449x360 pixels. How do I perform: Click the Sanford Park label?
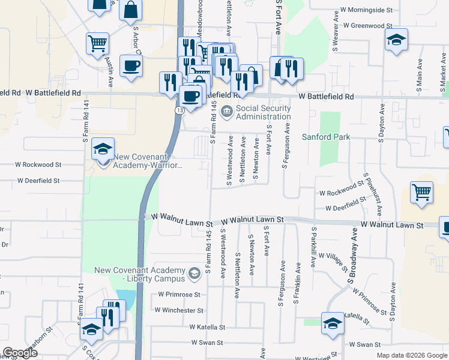click(x=326, y=137)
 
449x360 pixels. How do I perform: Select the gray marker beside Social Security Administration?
click(x=227, y=110)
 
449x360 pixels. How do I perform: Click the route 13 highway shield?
click(x=180, y=111)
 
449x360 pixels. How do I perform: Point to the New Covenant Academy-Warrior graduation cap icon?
click(x=103, y=149)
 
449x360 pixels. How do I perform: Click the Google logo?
click(x=20, y=353)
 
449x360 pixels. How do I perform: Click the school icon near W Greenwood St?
click(x=396, y=40)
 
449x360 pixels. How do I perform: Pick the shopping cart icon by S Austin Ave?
click(x=97, y=43)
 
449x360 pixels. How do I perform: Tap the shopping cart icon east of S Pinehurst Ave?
click(x=422, y=193)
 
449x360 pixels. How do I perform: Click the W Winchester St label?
click(x=179, y=310)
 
